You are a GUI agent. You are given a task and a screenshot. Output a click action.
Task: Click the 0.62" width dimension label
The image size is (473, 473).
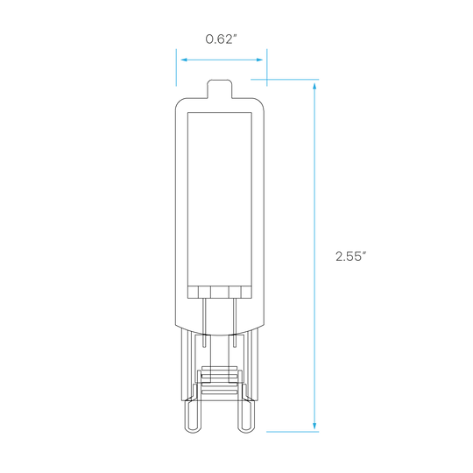click(x=221, y=39)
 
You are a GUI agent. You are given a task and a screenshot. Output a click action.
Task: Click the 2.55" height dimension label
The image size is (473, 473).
click(x=351, y=257)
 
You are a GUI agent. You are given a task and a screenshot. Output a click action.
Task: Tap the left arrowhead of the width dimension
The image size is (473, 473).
click(x=184, y=60)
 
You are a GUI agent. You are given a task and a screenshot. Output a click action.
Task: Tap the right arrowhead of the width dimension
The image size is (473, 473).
click(x=259, y=60)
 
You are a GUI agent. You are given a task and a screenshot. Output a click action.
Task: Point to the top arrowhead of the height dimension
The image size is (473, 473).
click(x=314, y=86)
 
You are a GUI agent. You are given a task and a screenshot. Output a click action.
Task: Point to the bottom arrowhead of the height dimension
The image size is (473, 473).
click(x=314, y=426)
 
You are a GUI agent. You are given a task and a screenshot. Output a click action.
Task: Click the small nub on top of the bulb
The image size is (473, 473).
click(x=219, y=88)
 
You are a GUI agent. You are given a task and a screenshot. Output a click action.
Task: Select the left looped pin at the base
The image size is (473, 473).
click(x=193, y=416)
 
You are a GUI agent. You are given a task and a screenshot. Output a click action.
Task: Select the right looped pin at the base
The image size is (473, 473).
click(x=245, y=416)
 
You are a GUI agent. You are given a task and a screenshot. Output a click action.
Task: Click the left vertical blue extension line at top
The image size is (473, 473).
click(x=176, y=67)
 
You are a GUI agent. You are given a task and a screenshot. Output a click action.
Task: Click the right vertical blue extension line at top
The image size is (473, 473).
click(x=267, y=67)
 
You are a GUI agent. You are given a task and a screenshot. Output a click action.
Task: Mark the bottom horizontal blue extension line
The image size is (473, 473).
click(x=293, y=432)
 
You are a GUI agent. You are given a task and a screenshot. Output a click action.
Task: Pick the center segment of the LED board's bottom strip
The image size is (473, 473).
click(x=219, y=292)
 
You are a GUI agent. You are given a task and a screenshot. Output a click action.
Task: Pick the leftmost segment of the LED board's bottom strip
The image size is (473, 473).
click(x=193, y=292)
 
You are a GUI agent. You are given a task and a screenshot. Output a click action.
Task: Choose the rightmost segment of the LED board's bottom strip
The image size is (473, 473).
click(x=246, y=292)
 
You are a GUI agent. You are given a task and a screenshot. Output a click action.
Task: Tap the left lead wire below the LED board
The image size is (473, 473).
click(x=204, y=322)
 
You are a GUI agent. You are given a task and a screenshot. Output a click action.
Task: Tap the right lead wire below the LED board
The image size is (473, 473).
click(x=235, y=322)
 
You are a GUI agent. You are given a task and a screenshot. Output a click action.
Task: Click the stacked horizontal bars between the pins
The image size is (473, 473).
click(x=219, y=381)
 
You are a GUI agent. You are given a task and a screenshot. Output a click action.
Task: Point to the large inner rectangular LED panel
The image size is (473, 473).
click(x=220, y=199)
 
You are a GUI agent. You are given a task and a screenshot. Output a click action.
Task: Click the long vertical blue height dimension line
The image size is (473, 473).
click(x=314, y=256)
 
